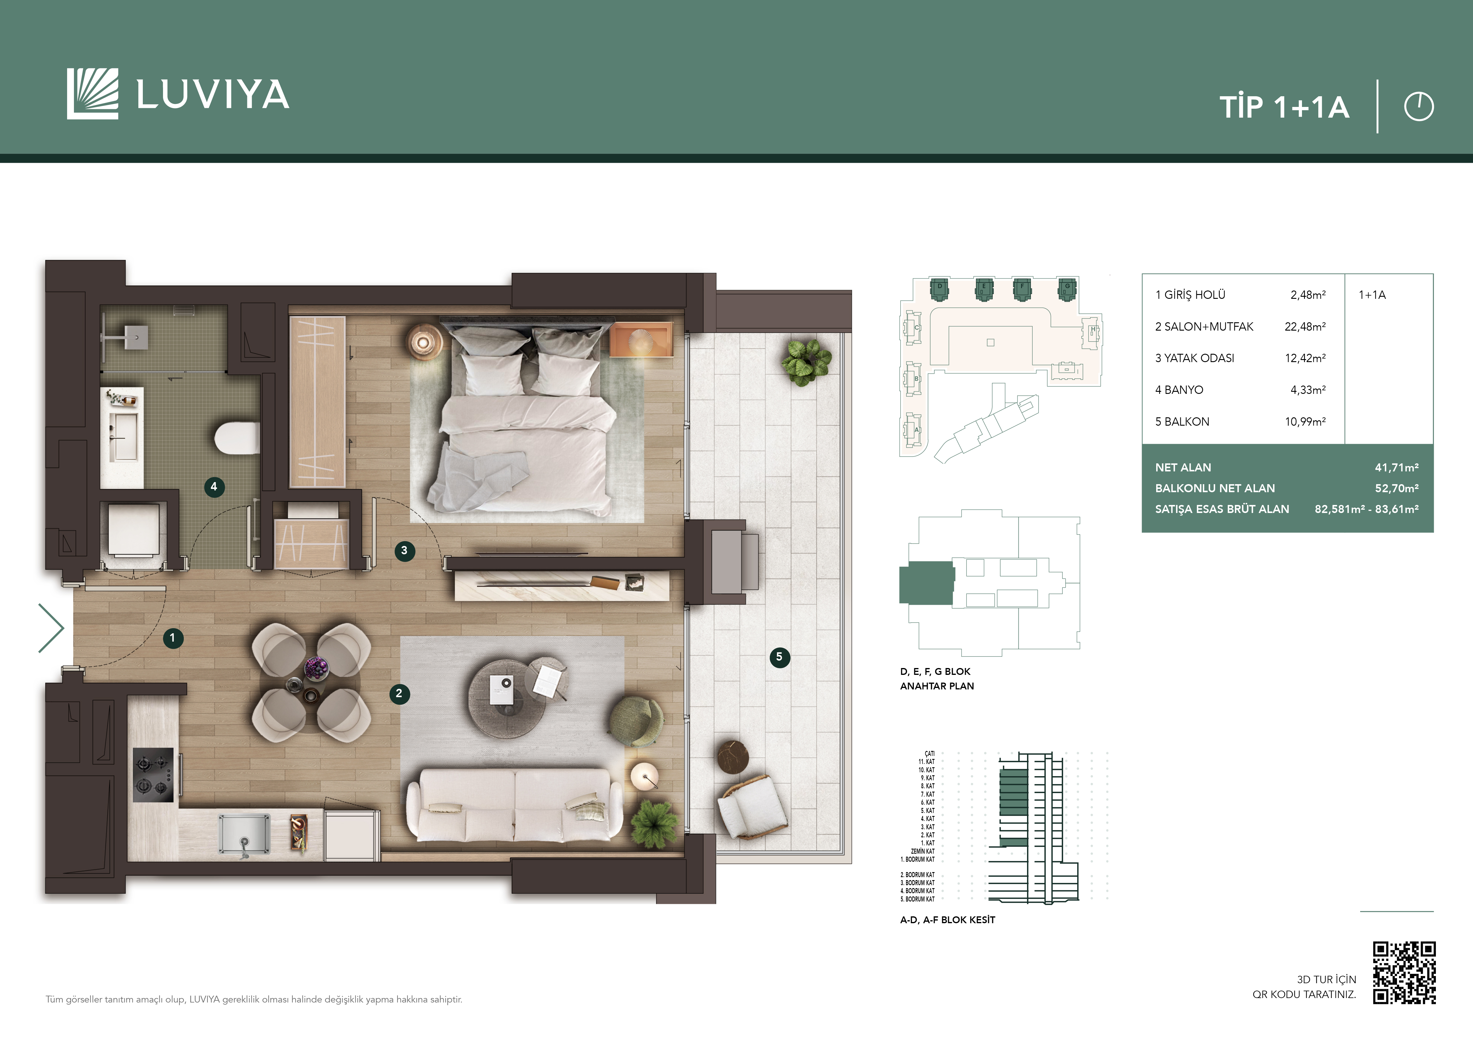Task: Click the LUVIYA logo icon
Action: [x=92, y=94]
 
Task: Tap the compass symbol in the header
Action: [x=1418, y=107]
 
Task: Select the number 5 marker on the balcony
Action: [x=779, y=657]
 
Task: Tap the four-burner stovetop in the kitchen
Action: [x=153, y=775]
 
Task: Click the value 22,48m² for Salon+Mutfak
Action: [x=1305, y=326]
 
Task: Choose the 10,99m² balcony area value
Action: [x=1305, y=421]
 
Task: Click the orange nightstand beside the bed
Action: [x=640, y=339]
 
